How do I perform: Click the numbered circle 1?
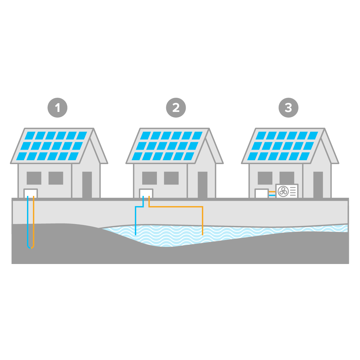58,107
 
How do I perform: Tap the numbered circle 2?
176,107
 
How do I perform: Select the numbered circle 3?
288,107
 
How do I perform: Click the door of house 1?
87,184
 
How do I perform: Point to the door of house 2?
202,184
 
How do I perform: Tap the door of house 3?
318,184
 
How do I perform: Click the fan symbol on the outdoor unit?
283,191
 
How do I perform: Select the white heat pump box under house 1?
31,193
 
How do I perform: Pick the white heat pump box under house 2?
146,193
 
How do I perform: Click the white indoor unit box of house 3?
262,193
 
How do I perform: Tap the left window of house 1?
34,178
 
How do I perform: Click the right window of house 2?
171,178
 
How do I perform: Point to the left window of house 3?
265,178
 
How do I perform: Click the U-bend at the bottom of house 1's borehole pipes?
31,247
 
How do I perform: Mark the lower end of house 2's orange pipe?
202,234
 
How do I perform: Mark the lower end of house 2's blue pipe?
136,234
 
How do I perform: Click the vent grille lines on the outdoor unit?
293,191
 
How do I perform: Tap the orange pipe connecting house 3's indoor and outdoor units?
272,191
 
